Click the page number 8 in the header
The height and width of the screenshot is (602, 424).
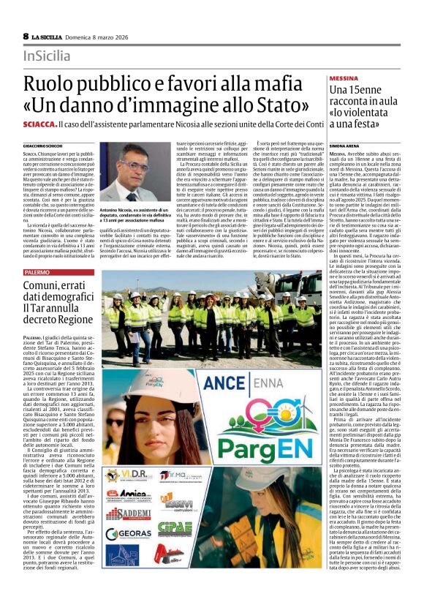[26, 36]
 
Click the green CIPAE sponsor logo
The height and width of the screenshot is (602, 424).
[175, 527]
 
